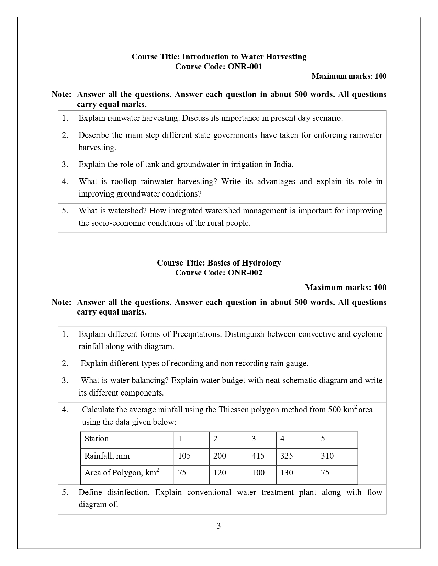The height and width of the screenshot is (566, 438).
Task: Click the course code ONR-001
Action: click(x=245, y=67)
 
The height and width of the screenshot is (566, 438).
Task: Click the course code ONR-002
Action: click(x=245, y=273)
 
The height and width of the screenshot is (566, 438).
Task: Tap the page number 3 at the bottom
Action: click(x=219, y=526)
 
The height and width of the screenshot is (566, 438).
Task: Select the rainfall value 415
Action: click(x=258, y=456)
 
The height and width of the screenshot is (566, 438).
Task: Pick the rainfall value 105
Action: click(x=184, y=456)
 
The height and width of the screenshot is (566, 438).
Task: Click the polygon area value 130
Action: click(x=287, y=473)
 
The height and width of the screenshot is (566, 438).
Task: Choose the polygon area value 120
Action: click(x=220, y=473)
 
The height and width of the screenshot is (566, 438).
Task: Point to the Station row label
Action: click(x=97, y=439)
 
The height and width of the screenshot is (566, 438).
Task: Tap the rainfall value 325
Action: click(x=287, y=456)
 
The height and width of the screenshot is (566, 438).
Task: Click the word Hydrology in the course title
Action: click(x=261, y=263)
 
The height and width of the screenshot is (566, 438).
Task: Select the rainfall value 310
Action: click(x=327, y=456)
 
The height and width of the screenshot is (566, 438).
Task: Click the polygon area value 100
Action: click(x=258, y=473)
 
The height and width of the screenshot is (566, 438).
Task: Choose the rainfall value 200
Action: click(x=220, y=456)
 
